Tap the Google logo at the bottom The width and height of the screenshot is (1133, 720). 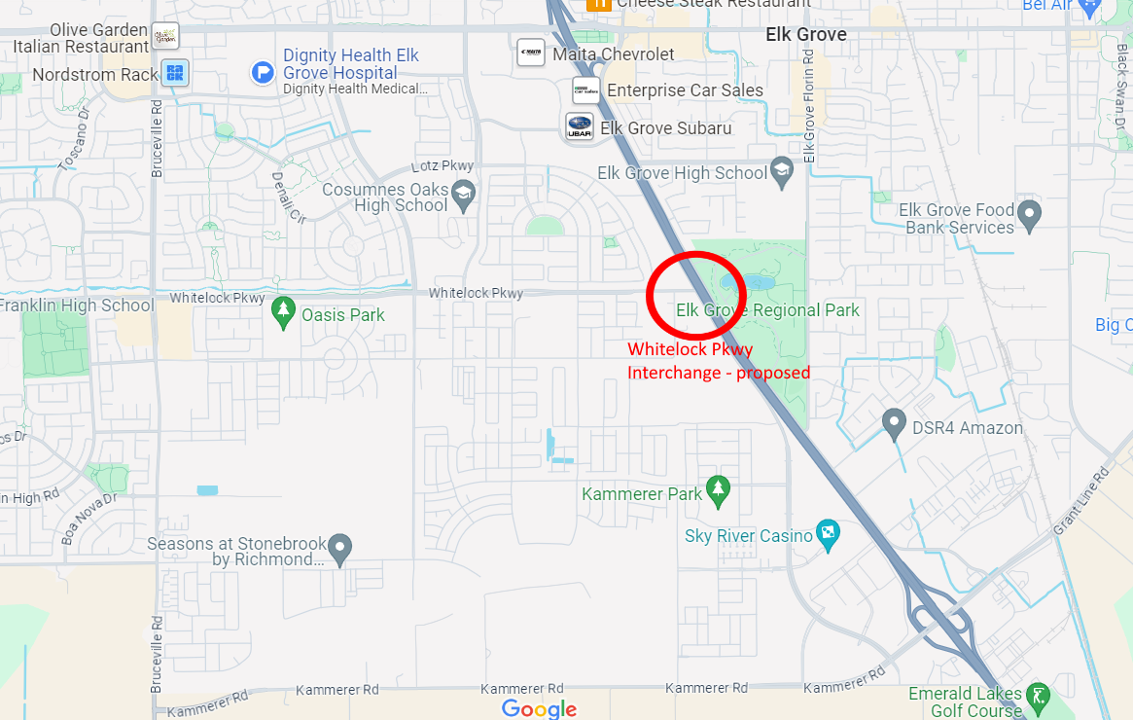540,708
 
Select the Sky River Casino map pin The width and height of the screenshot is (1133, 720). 829,533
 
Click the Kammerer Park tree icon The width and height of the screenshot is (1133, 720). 718,491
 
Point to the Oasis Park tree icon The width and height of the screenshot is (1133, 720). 283,312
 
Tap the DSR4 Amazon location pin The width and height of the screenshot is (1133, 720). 894,424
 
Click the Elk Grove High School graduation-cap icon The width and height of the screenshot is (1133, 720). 782,171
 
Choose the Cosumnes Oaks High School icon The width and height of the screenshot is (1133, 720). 463,191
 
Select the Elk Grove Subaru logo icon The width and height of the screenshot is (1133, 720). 580,126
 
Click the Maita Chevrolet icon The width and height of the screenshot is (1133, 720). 531,53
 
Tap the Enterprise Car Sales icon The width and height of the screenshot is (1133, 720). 585,90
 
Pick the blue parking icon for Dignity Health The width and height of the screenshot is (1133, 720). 263,71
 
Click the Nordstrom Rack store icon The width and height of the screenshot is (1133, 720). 175,72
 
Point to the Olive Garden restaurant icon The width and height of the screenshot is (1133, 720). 165,36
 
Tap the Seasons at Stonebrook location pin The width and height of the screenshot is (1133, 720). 339,549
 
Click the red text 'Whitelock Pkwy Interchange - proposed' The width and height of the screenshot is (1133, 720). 718,361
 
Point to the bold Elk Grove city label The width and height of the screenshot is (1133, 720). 806,34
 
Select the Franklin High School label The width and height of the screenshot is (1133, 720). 77,306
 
